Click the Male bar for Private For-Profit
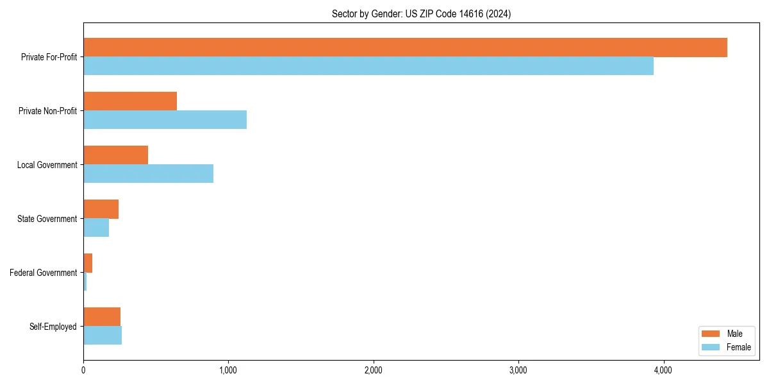(405, 47)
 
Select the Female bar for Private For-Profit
(368, 66)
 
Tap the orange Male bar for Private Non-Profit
(130, 101)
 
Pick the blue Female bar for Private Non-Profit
(165, 120)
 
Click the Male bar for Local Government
(115, 155)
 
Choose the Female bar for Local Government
(148, 174)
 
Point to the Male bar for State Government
(101, 209)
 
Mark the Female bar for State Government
(96, 228)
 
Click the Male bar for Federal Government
(88, 263)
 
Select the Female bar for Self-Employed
(103, 336)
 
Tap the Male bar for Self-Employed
(102, 317)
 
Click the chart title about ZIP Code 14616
(421, 13)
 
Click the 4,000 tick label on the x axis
(663, 370)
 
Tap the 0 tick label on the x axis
(83, 370)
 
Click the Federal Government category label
(44, 273)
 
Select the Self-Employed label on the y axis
(53, 327)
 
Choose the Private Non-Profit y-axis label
(47, 111)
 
